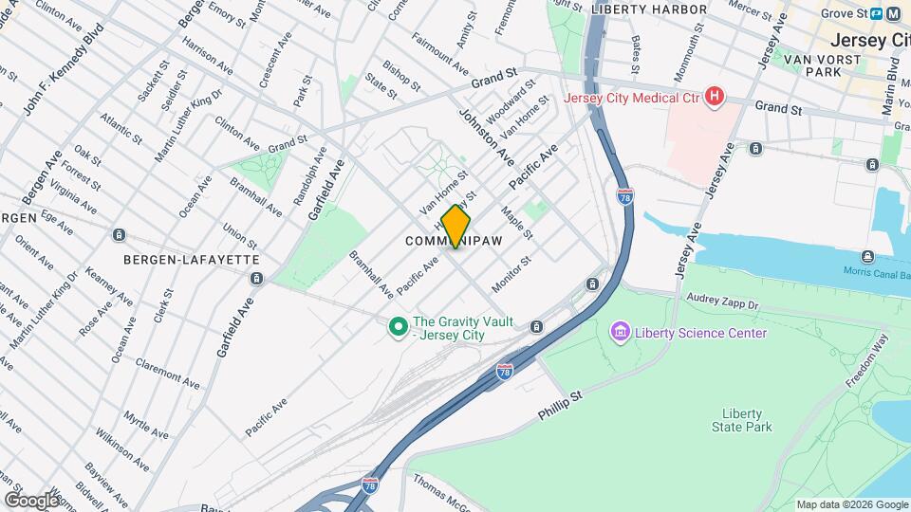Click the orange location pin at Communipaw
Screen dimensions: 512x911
pos(455,227)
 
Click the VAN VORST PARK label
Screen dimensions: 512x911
pos(821,65)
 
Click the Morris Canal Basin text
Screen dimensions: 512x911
pos(876,271)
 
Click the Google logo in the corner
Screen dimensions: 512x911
pos(31,501)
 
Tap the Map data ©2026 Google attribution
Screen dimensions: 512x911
pos(851,504)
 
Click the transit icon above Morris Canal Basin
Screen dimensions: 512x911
pos(867,256)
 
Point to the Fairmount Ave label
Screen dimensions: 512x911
pos(440,55)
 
